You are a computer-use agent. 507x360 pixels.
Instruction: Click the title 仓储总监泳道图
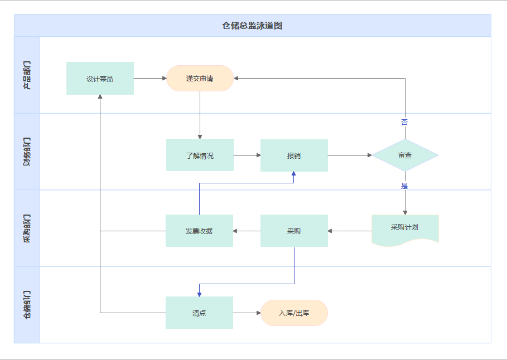click(x=252, y=26)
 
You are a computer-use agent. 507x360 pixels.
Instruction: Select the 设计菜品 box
click(x=100, y=79)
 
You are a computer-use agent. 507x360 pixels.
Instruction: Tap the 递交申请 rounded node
click(x=200, y=79)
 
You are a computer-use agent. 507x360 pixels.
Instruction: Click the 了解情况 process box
click(x=200, y=155)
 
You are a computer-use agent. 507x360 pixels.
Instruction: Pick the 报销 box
click(x=294, y=155)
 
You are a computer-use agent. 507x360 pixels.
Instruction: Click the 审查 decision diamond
click(x=405, y=155)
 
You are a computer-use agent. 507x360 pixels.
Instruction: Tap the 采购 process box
click(x=294, y=231)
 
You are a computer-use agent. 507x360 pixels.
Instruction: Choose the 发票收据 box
click(x=199, y=231)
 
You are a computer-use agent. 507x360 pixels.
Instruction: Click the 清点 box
click(x=199, y=313)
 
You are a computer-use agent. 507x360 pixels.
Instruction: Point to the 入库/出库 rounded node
click(x=294, y=313)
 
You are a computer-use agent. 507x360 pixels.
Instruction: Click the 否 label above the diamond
click(x=404, y=122)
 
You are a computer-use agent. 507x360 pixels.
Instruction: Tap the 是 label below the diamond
click(x=404, y=186)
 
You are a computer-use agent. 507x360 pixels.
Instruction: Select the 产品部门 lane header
click(x=27, y=75)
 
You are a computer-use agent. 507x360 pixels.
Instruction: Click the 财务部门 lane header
click(x=27, y=152)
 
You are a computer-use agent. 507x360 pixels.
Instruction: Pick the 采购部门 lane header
click(x=27, y=228)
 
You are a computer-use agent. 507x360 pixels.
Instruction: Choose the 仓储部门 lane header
click(x=27, y=305)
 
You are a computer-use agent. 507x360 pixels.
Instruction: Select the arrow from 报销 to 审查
click(x=350, y=155)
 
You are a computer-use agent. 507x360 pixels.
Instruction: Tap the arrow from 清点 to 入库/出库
click(x=247, y=313)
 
